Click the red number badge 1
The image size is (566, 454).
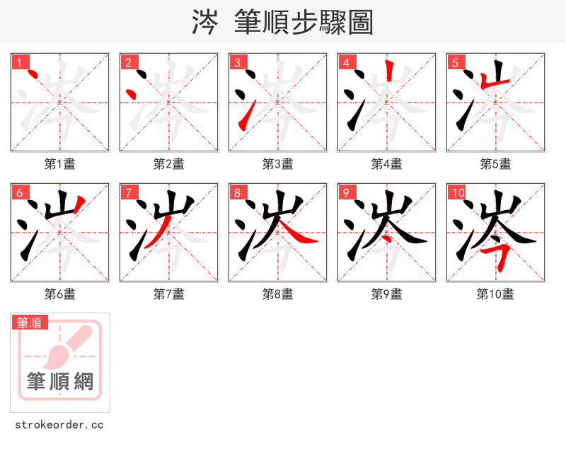coord(18,62)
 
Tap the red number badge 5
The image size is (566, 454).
coord(454,62)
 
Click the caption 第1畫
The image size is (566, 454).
coord(60,164)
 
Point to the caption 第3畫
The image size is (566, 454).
coord(278,164)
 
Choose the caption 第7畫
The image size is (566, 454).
coord(169,294)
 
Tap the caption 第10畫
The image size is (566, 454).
coord(495,294)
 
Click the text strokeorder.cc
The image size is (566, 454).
coord(59,425)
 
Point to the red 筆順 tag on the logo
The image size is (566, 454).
coord(30,322)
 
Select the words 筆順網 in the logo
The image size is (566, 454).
coord(60,381)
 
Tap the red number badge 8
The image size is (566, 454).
coord(236,192)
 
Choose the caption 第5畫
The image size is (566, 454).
coord(496,164)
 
